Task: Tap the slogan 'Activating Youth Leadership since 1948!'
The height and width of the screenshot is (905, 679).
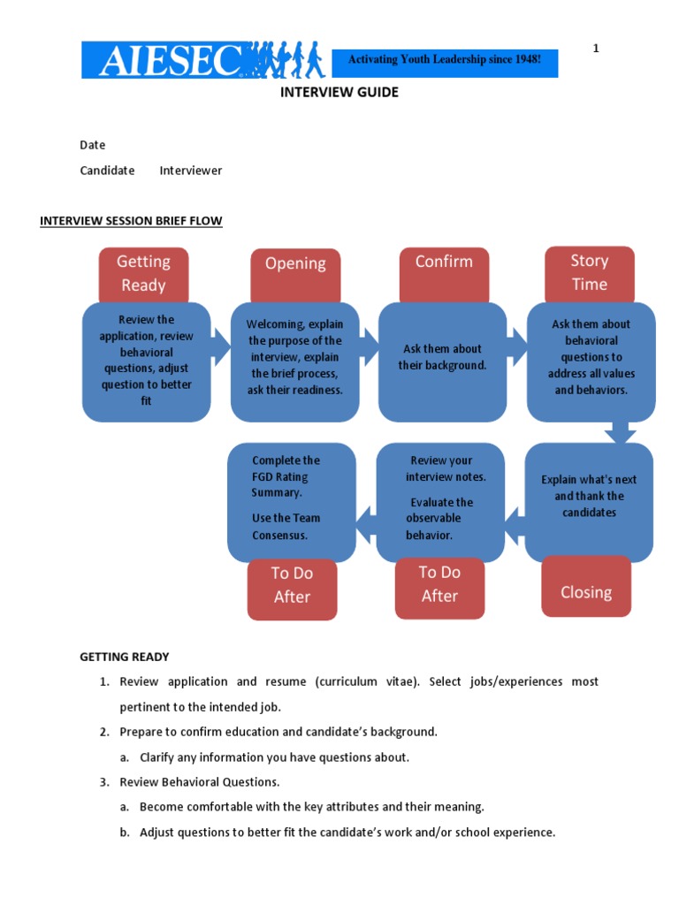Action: (x=444, y=60)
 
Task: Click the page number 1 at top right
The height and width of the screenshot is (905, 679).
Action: (x=596, y=49)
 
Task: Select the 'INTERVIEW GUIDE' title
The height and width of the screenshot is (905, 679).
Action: (x=339, y=92)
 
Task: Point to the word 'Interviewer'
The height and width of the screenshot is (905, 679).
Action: (x=191, y=171)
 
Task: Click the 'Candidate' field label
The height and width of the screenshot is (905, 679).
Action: (x=107, y=171)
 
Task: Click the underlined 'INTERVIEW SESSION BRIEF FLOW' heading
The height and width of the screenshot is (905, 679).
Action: (x=131, y=221)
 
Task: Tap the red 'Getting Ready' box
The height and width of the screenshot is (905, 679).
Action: (x=143, y=273)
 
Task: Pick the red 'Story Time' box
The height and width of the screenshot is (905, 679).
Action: (x=589, y=272)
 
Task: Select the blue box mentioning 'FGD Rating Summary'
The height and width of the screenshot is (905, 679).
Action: (x=291, y=498)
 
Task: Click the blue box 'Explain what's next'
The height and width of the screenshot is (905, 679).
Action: (x=589, y=498)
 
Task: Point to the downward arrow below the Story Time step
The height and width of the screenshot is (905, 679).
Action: (x=619, y=432)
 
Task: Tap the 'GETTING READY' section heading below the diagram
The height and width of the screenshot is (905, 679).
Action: (x=125, y=657)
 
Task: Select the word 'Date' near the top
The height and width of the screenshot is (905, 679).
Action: (x=93, y=145)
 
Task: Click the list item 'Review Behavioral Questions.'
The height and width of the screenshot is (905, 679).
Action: (x=200, y=782)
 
